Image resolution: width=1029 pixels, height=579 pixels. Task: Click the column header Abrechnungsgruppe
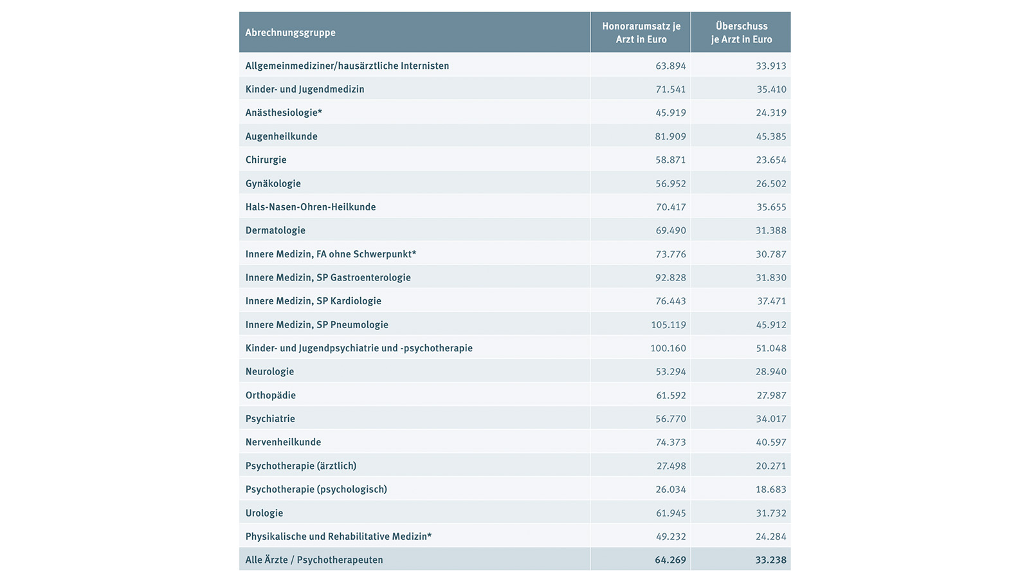coord(290,33)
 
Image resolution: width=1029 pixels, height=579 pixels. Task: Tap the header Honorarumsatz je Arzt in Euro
coord(641,33)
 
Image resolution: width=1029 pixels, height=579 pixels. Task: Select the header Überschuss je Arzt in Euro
coord(742,33)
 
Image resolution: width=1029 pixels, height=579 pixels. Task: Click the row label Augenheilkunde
coord(281,136)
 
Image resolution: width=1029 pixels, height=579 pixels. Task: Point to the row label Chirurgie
coord(266,160)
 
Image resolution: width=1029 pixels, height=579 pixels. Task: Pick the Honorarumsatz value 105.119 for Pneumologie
coord(668,325)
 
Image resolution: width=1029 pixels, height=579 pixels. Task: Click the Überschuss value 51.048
coord(770,348)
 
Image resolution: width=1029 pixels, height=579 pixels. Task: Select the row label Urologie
coord(264,513)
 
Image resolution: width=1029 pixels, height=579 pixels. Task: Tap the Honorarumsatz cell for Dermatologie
coord(670,230)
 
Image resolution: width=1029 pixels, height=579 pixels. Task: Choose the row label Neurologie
coord(269,372)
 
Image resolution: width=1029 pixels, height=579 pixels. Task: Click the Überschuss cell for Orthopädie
coord(770,395)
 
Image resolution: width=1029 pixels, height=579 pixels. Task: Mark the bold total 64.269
coord(670,560)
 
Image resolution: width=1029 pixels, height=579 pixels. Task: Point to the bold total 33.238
coord(770,560)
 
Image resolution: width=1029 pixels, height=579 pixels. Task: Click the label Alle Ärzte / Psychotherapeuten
coord(314,560)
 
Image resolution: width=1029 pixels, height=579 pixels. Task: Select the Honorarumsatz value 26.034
coord(670,490)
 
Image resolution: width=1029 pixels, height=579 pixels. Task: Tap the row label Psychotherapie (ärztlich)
coord(300,466)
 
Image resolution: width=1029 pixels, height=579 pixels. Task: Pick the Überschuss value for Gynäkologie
coord(770,183)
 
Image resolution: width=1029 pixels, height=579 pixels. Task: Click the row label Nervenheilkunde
coord(283,442)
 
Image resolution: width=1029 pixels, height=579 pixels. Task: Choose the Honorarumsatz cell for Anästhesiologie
coord(670,113)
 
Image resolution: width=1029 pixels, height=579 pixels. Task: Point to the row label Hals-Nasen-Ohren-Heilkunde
coord(310,207)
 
